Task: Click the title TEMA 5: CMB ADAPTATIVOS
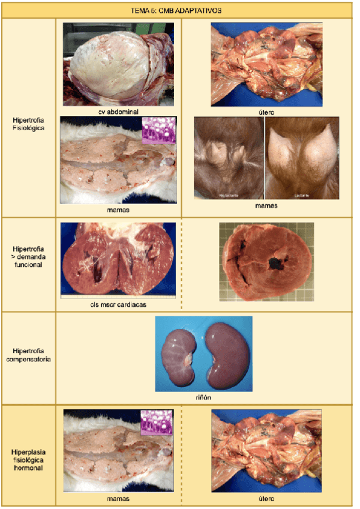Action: [176, 10]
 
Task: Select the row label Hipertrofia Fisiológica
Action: [28, 123]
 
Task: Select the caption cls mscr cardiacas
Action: [118, 305]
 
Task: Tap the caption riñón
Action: [204, 396]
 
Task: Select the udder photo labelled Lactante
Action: [302, 157]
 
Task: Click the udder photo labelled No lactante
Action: [229, 157]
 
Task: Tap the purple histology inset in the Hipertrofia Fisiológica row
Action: [158, 130]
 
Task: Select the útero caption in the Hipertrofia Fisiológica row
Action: [266, 112]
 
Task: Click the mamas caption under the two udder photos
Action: [266, 206]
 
